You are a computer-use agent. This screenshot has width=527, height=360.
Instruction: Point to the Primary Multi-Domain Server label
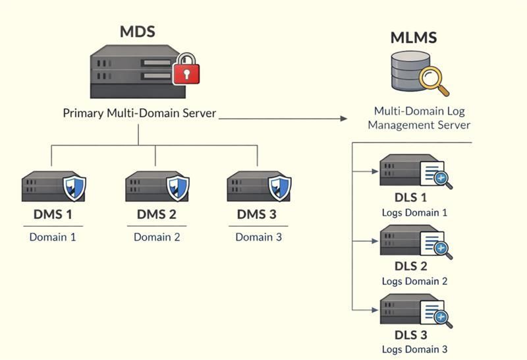tap(139, 113)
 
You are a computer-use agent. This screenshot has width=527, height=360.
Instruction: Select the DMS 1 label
tap(52, 214)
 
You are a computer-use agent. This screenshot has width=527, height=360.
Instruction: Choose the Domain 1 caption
tap(52, 237)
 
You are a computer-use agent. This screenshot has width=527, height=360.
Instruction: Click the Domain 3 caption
tap(258, 237)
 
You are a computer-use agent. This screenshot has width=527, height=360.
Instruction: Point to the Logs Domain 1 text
tap(414, 212)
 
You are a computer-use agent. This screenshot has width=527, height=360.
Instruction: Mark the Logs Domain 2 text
tap(414, 281)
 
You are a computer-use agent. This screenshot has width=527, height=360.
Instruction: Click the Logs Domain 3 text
tap(414, 349)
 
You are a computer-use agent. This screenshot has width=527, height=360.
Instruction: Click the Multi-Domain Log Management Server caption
tap(419, 118)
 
